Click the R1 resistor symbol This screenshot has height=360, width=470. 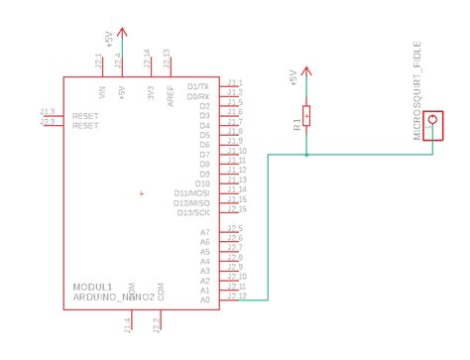coord(307,116)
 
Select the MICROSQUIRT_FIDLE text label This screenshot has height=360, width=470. coord(418,86)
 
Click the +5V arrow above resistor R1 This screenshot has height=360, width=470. coord(307,69)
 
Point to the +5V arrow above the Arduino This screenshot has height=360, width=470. coord(121,32)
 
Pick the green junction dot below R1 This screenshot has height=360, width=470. coord(307,155)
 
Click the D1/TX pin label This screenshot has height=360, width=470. coord(198,87)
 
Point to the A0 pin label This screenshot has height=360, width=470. coord(205,299)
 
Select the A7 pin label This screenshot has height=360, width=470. coord(205,231)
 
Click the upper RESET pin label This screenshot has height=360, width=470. coord(85,116)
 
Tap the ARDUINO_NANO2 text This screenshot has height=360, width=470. coord(113,298)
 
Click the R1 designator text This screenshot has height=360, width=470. coord(295,126)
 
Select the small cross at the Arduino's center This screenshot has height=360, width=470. coord(142,193)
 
